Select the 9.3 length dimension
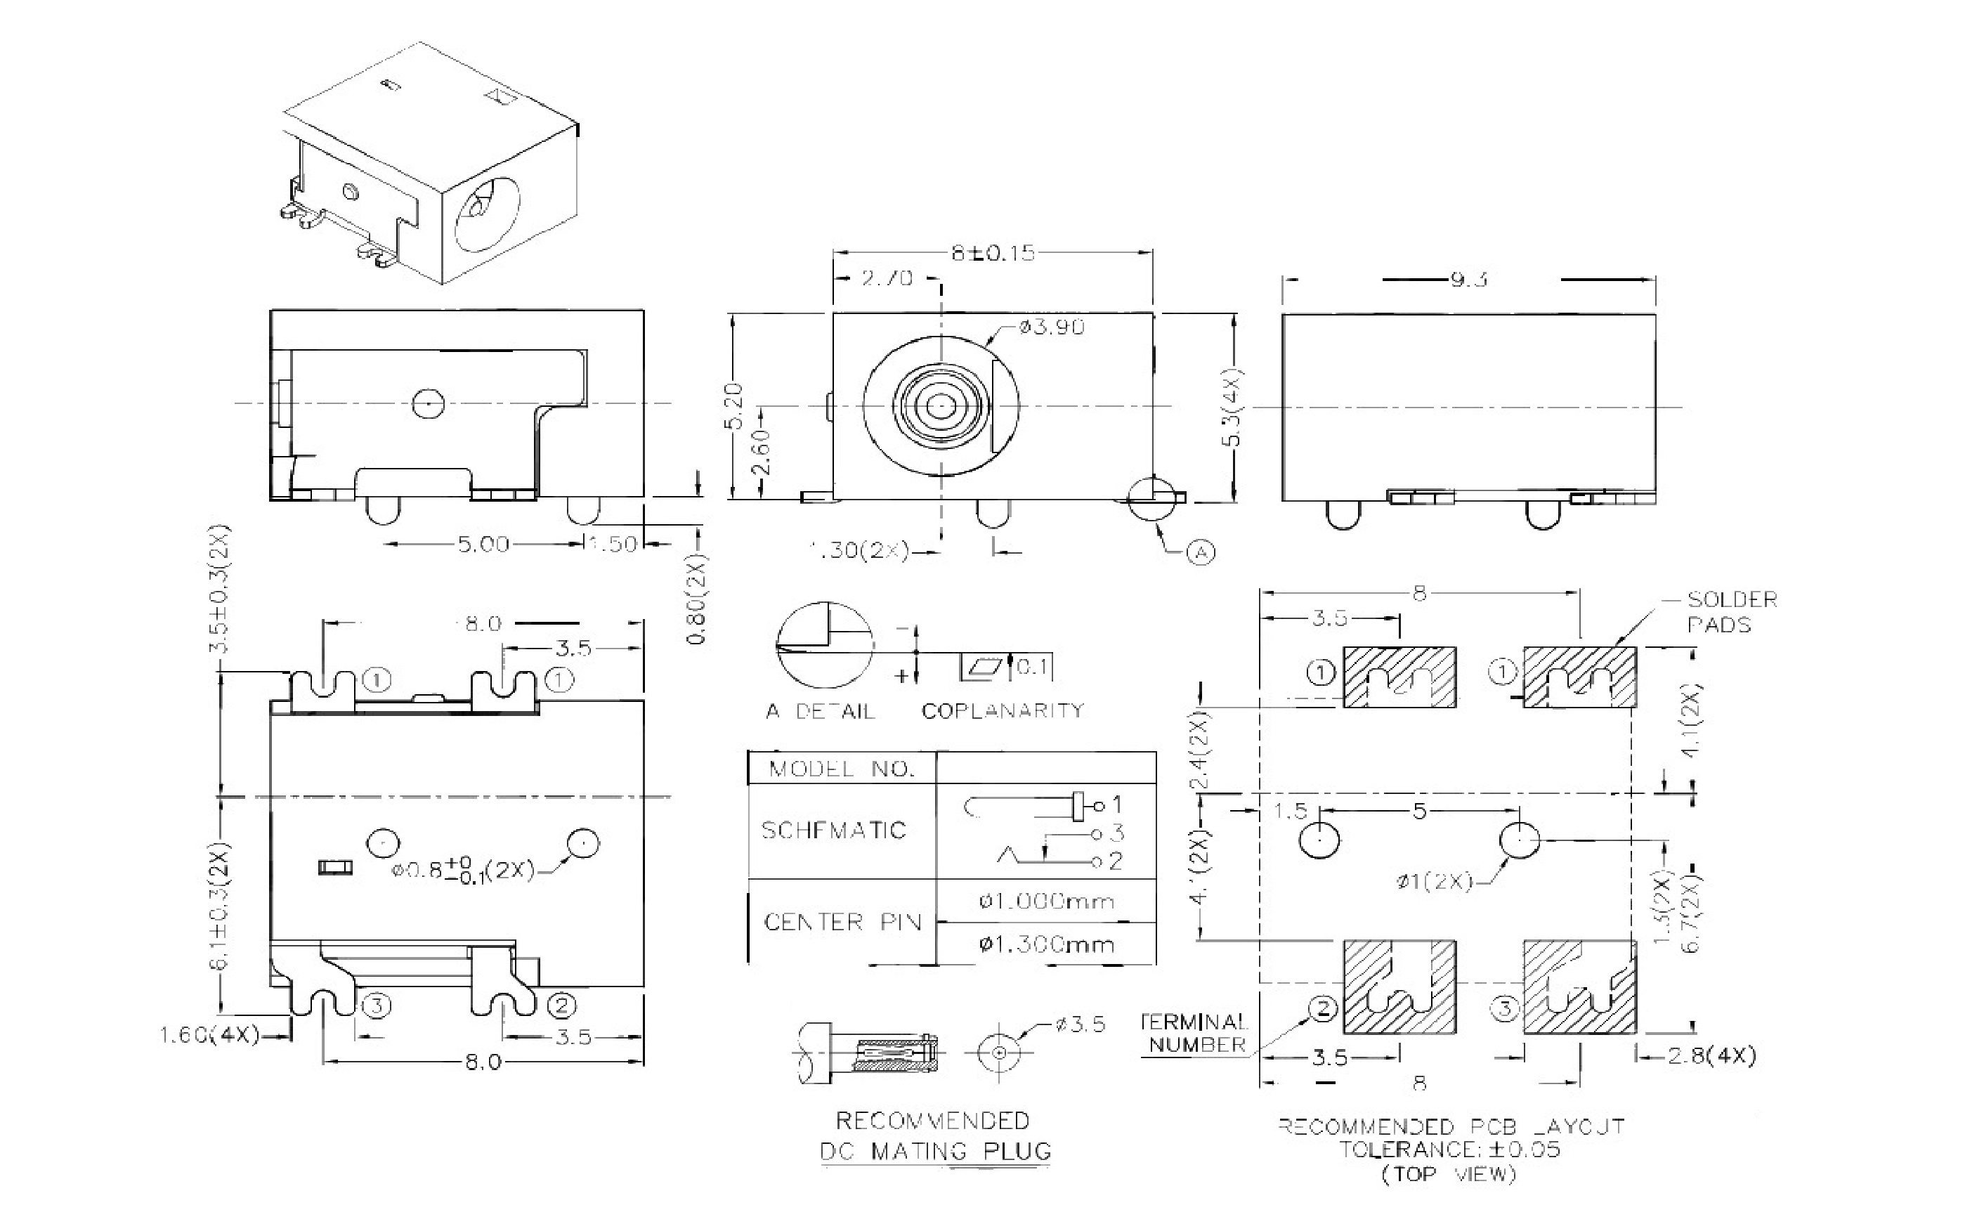point(1469,280)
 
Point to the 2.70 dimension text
point(887,278)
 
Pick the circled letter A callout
point(1201,552)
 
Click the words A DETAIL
point(820,712)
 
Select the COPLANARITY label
point(1002,711)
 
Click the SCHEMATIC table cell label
point(833,831)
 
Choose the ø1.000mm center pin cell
point(1046,901)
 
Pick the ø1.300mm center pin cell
point(1046,944)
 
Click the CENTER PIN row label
point(842,922)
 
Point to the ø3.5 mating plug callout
point(1080,1025)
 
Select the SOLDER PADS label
point(1730,612)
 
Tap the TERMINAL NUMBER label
point(1195,1033)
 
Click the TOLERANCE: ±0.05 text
point(1448,1150)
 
